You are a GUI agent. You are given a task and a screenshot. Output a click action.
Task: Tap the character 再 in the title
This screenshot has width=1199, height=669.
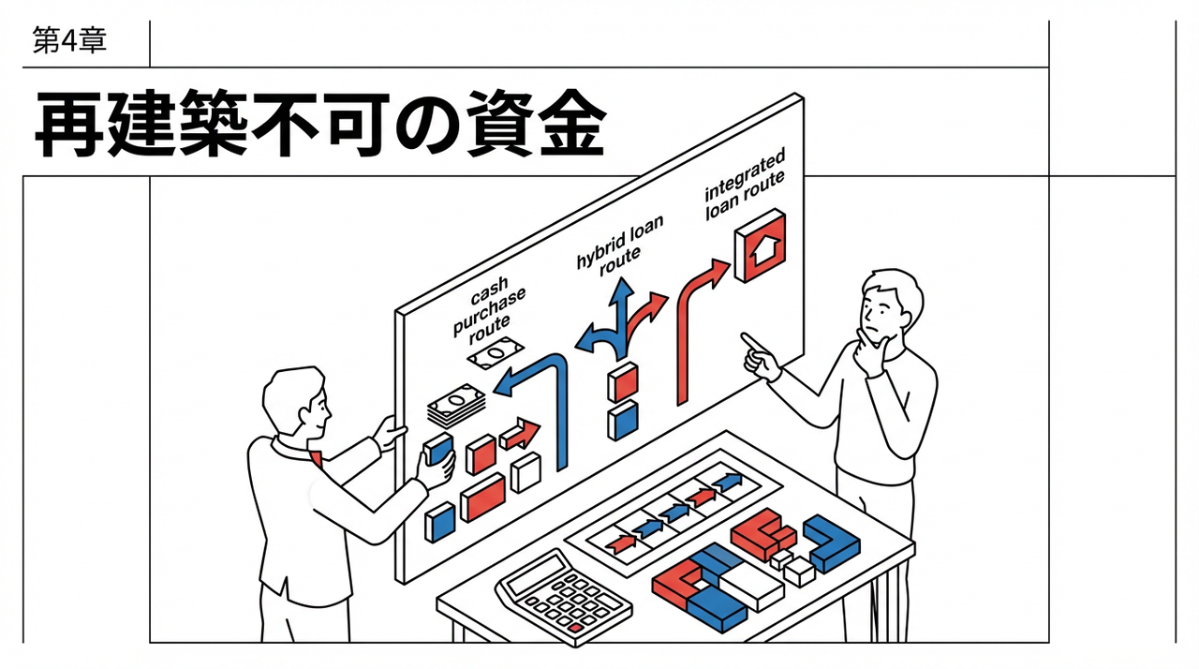pyautogui.click(x=71, y=125)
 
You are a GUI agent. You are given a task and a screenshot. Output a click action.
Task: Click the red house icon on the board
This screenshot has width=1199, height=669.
pyautogui.click(x=761, y=245)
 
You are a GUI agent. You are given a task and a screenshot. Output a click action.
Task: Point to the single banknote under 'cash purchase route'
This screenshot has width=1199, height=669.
pyautogui.click(x=494, y=353)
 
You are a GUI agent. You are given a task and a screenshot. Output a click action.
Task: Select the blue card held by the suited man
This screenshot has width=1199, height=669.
pyautogui.click(x=437, y=451)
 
